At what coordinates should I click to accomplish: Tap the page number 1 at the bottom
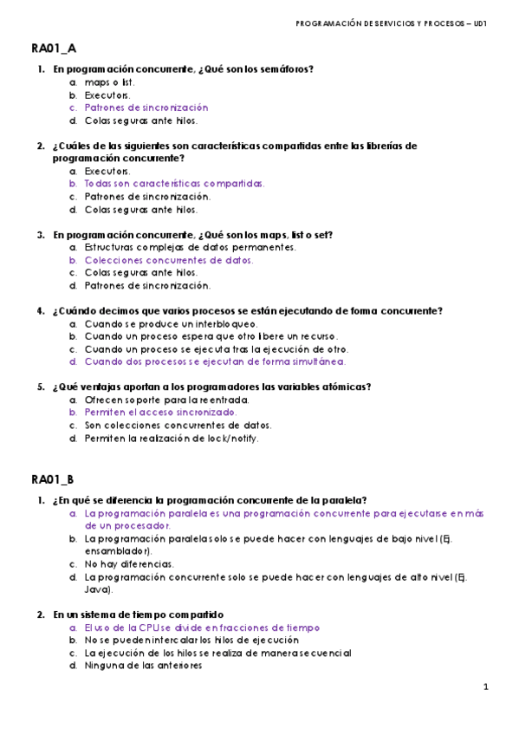(486, 687)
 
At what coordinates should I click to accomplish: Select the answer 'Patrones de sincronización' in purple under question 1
(146, 107)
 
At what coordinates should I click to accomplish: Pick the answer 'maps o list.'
(109, 82)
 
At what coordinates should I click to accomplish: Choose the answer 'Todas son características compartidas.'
(174, 184)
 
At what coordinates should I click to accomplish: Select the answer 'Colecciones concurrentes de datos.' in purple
(169, 260)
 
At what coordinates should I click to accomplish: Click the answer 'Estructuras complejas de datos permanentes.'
(190, 247)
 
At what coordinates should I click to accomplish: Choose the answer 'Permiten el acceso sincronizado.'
(160, 413)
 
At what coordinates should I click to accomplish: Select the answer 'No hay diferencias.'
(128, 563)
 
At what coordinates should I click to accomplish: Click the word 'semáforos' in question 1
(284, 69)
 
